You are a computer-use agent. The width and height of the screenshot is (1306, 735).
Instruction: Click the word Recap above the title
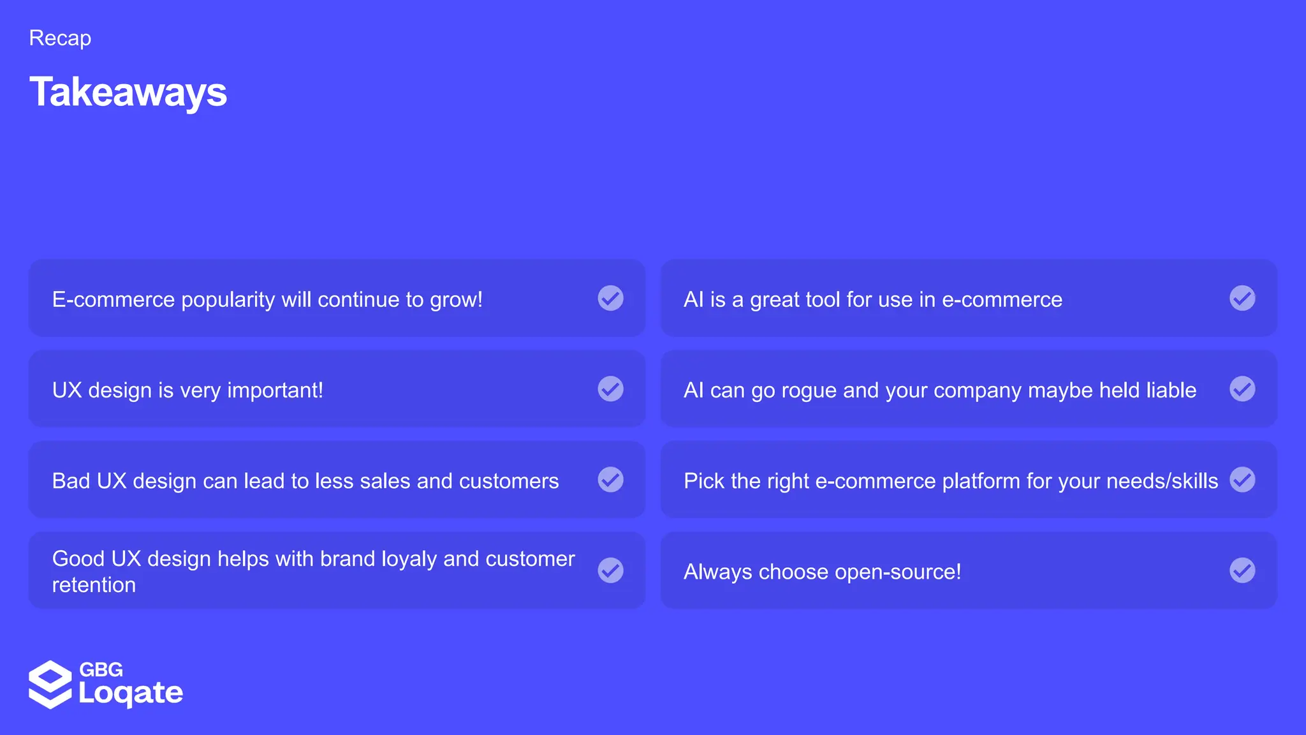click(60, 38)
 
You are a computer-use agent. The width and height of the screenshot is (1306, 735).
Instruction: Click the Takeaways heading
click(128, 92)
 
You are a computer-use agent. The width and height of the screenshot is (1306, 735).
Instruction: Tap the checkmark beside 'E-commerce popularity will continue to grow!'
click(610, 298)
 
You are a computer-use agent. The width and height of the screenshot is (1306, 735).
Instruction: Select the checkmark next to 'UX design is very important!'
click(610, 389)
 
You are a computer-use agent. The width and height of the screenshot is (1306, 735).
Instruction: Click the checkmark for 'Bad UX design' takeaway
click(610, 480)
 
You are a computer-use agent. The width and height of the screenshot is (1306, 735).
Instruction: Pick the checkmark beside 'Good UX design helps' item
click(610, 570)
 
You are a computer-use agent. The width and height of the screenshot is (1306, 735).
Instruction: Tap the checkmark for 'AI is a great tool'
click(1242, 298)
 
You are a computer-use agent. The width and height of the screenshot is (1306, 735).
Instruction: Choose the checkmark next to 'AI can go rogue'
click(1242, 389)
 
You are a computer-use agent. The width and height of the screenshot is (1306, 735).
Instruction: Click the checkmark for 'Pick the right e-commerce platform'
click(1242, 480)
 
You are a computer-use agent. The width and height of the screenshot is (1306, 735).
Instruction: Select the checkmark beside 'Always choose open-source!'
click(1242, 570)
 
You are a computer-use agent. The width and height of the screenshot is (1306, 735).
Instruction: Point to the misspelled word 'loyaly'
click(409, 560)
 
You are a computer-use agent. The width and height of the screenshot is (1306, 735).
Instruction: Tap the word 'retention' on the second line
click(94, 585)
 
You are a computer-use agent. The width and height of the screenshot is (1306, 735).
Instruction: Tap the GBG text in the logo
click(101, 669)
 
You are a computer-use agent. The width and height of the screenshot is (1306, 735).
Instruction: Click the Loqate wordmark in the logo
click(131, 694)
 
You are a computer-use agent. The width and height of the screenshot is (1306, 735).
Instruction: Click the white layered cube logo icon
click(50, 685)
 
